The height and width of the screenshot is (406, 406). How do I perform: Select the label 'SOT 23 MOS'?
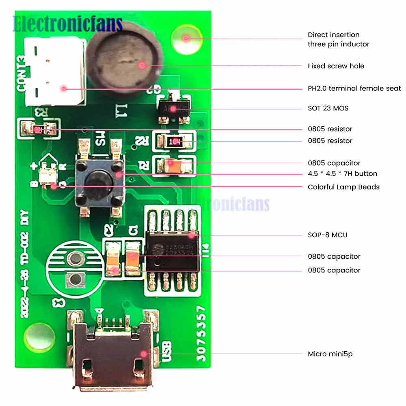[x=328, y=108]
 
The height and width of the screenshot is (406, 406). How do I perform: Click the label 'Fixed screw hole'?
[x=336, y=66]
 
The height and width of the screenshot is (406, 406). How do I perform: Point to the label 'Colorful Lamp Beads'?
[x=343, y=187]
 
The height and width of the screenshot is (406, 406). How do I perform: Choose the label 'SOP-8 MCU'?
[x=327, y=235]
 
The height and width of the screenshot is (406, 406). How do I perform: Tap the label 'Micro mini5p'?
[x=330, y=354]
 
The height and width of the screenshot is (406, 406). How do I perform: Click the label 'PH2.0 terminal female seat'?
[x=354, y=89]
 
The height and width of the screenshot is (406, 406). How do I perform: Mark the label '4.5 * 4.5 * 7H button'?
[x=342, y=174]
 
